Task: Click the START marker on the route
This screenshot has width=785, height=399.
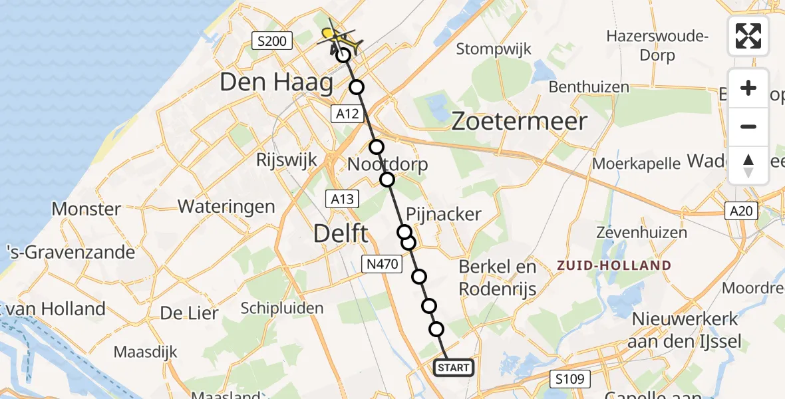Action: pos(454,367)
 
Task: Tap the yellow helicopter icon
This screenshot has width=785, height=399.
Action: pos(341,37)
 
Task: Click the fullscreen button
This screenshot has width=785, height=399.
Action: pos(748,36)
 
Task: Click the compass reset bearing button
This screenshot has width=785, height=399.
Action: pos(748,166)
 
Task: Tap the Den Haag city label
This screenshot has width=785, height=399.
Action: pos(276,83)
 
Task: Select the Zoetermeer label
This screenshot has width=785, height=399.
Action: pos(520,121)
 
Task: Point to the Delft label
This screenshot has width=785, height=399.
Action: pos(341,233)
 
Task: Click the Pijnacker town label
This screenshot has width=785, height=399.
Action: pos(443,213)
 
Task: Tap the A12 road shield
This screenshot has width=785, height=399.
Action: pos(347,114)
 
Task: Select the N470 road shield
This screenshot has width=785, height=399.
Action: pos(382,264)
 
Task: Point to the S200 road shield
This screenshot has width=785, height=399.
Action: pos(273,42)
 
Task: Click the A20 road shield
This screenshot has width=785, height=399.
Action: pos(740,211)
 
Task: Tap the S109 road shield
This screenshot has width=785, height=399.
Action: pos(571,380)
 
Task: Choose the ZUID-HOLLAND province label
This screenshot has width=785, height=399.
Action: pos(615,265)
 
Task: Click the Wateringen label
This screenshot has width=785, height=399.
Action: pos(226,206)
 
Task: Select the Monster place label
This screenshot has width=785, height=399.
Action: pos(86,209)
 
